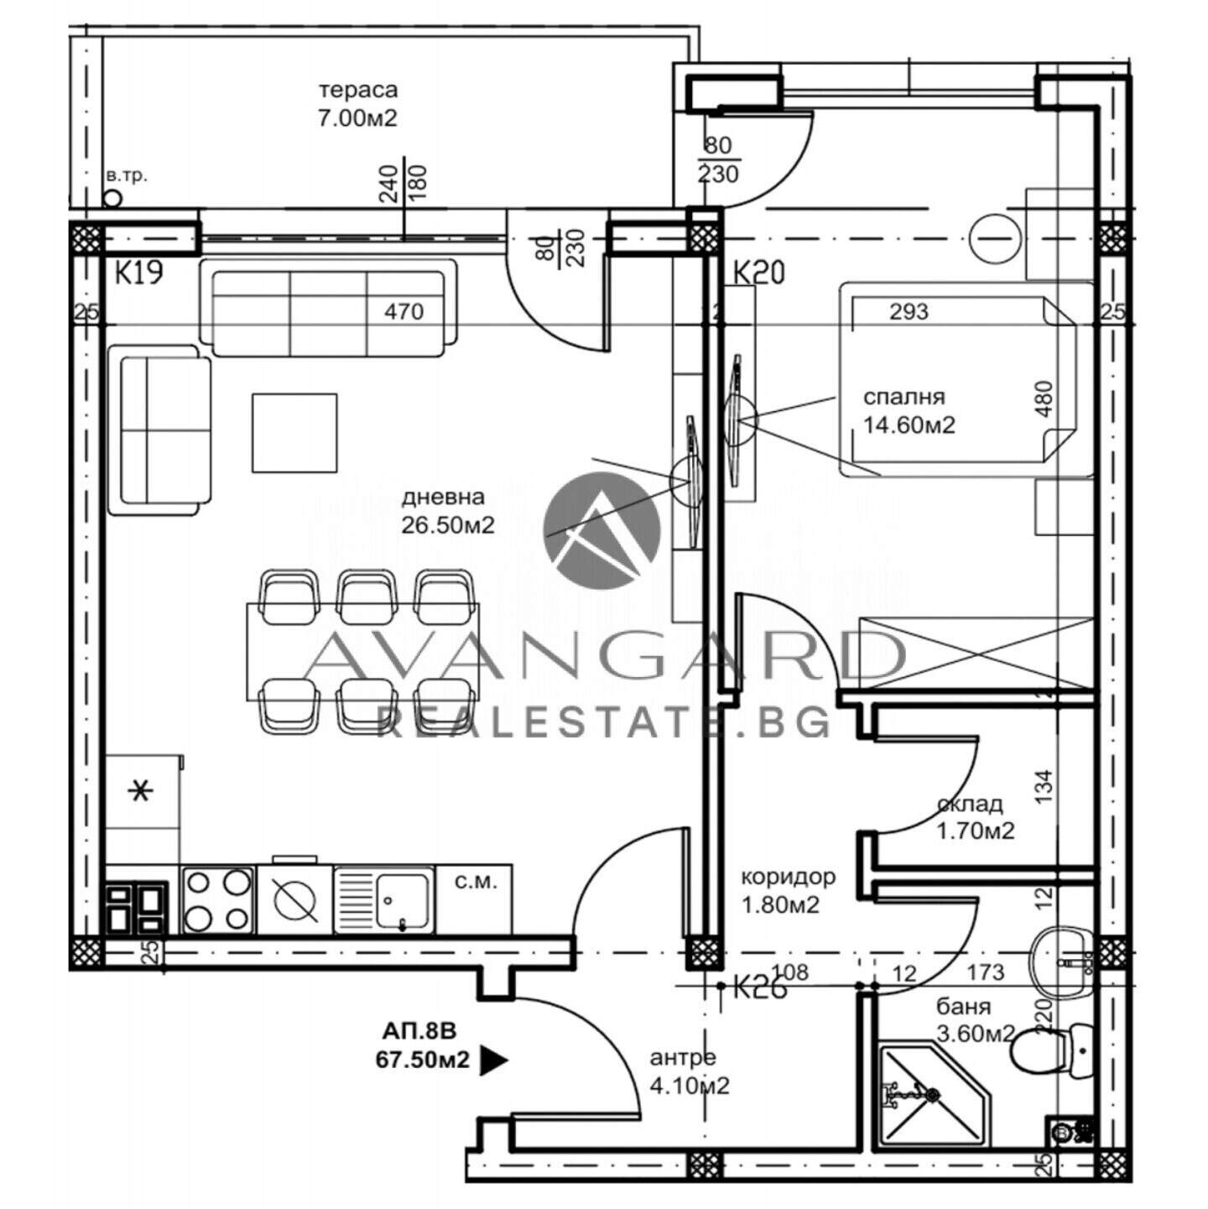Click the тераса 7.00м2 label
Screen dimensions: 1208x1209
358,104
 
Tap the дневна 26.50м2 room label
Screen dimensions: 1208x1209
448,511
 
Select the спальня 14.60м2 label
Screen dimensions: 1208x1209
909,412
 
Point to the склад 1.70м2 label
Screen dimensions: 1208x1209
975,817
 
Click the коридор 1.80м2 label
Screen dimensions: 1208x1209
788,891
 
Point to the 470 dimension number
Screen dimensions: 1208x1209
404,311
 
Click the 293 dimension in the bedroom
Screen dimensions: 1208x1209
909,311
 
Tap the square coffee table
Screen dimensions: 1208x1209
294,433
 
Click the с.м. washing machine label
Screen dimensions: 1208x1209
475,883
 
